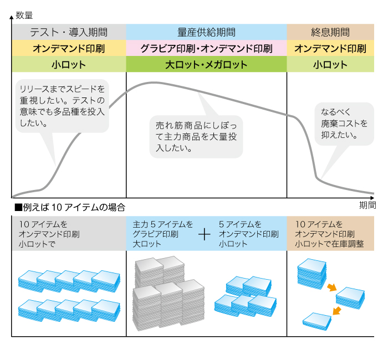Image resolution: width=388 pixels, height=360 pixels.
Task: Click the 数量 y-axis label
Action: (x=24, y=16)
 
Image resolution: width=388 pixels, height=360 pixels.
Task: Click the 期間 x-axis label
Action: (x=367, y=205)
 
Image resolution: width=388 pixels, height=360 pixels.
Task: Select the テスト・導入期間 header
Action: (x=69, y=32)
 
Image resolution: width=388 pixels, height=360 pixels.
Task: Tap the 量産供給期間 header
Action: (x=206, y=32)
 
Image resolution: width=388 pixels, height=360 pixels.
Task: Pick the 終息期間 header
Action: (x=330, y=32)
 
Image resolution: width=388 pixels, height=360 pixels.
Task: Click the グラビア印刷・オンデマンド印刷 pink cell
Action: (x=206, y=48)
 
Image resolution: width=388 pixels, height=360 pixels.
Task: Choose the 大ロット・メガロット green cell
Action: (x=206, y=64)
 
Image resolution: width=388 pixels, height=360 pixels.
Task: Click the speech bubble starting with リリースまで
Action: (x=62, y=106)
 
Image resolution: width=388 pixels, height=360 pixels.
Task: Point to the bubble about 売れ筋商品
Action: (x=196, y=136)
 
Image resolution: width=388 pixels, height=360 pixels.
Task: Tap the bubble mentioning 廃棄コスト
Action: (x=344, y=124)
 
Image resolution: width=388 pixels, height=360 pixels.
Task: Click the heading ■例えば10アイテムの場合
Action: (x=70, y=207)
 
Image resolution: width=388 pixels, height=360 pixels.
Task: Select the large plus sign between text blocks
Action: (x=205, y=234)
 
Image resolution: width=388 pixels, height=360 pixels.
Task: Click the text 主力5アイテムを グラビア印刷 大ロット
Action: (x=162, y=234)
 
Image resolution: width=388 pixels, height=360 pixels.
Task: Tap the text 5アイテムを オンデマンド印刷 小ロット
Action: (x=249, y=234)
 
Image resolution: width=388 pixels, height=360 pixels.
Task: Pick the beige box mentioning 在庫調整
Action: (x=330, y=233)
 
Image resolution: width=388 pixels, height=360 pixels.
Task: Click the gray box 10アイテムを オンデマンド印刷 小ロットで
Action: (x=69, y=233)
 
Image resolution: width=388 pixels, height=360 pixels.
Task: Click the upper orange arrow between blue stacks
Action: (x=332, y=287)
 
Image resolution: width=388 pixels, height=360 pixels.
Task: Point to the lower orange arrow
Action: (x=336, y=311)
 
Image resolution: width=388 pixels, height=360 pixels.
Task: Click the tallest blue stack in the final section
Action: (x=312, y=274)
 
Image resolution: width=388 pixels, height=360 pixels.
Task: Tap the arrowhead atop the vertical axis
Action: (x=12, y=17)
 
